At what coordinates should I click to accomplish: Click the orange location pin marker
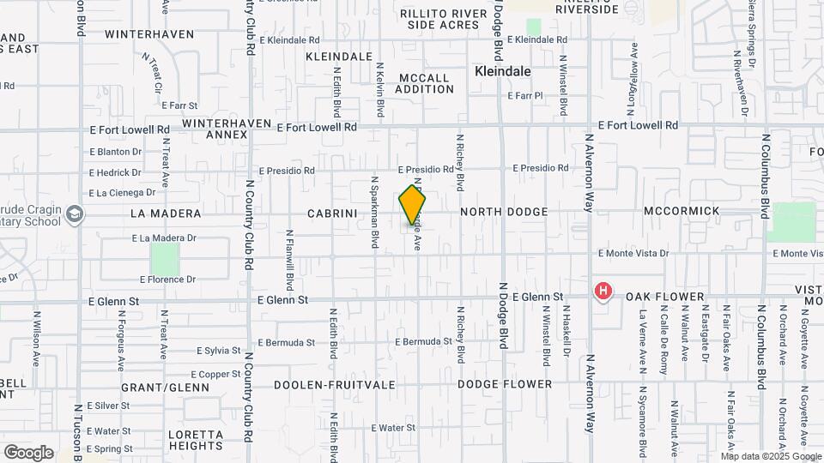[413, 206]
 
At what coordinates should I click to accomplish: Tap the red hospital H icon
[603, 292]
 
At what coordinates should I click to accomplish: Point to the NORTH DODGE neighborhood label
[504, 211]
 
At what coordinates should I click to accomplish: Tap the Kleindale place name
[503, 72]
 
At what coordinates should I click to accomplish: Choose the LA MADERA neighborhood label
[166, 213]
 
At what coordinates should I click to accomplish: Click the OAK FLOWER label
[664, 297]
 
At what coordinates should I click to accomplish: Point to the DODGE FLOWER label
[504, 384]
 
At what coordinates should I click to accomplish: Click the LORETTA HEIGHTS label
[196, 440]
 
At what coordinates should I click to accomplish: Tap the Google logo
[28, 453]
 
